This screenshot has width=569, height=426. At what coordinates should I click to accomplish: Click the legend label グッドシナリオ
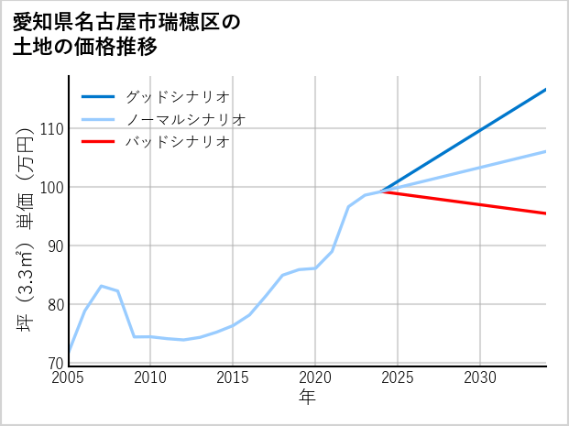click(177, 96)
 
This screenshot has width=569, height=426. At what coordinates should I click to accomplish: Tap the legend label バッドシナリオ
click(177, 142)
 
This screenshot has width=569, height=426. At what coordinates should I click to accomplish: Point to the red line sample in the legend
click(98, 142)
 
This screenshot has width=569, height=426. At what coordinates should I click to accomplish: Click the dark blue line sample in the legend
click(98, 96)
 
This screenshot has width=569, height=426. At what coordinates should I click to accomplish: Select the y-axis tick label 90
click(53, 246)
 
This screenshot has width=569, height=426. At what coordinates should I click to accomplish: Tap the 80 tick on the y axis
click(53, 305)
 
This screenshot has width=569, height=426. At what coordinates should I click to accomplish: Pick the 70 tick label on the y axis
click(53, 364)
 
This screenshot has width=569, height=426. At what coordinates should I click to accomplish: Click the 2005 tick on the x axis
click(69, 377)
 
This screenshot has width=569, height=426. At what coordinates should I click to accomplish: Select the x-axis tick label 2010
click(151, 377)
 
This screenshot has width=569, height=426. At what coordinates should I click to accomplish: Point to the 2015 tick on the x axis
click(234, 377)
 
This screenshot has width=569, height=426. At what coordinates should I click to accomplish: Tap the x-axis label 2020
click(316, 377)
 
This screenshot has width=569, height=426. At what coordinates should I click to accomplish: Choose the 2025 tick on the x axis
click(398, 377)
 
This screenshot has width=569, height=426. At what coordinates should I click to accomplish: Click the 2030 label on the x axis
click(480, 377)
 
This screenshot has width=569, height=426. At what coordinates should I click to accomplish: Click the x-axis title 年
click(308, 398)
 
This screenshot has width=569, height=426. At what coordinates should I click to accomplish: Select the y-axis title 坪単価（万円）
click(26, 220)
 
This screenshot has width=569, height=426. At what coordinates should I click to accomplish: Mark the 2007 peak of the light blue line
click(101, 286)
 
